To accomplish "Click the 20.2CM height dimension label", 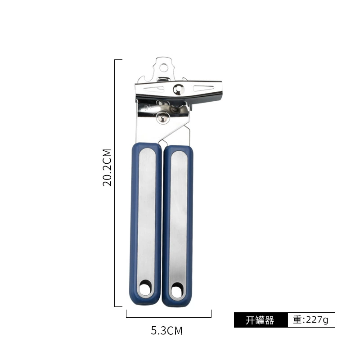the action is [107, 167].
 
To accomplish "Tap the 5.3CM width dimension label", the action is [166, 331].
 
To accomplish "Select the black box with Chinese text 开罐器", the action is [261, 320].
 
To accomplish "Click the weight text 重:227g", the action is [311, 319].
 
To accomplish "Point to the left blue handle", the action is [145, 224].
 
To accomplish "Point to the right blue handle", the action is [177, 226].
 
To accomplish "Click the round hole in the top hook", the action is [164, 68].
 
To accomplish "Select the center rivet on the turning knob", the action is [179, 89].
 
